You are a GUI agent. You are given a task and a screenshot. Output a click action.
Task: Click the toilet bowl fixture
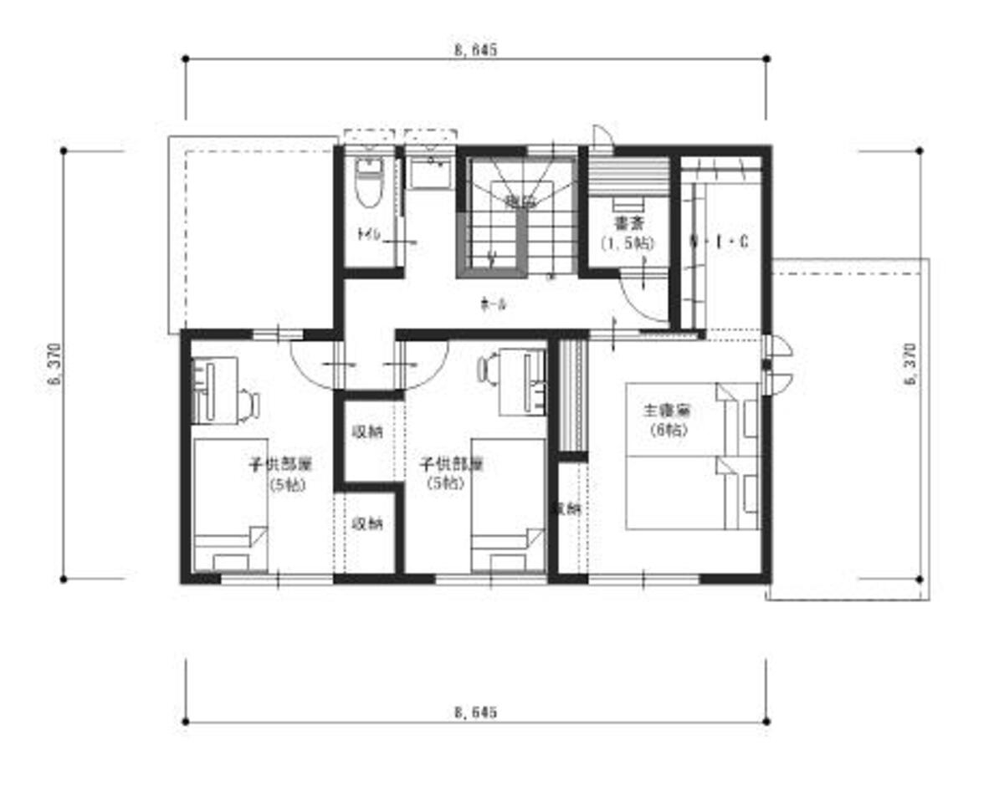click(368, 185)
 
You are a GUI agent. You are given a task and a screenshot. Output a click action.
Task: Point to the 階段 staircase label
click(520, 202)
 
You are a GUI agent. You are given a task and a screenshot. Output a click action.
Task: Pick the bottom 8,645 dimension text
click(476, 712)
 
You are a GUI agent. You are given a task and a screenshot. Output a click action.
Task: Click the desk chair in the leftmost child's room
click(248, 404)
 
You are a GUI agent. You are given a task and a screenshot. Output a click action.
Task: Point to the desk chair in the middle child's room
click(488, 368)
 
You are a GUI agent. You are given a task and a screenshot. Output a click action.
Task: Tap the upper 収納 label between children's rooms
click(367, 432)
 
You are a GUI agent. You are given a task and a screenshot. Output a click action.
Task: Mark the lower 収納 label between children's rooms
click(367, 524)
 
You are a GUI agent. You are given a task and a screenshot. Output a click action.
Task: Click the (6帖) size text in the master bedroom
click(667, 430)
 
